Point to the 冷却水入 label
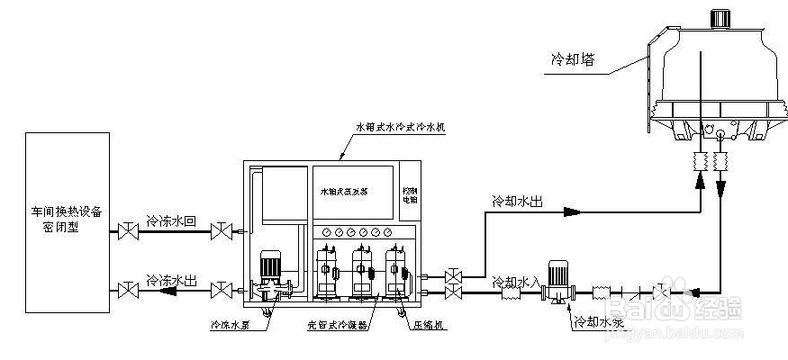[516, 283]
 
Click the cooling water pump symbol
[557, 280]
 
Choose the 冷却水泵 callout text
[597, 320]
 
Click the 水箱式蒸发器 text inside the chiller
[346, 193]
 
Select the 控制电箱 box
[410, 193]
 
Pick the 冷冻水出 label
[173, 280]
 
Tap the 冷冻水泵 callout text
[229, 325]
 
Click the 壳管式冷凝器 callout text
[337, 325]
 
